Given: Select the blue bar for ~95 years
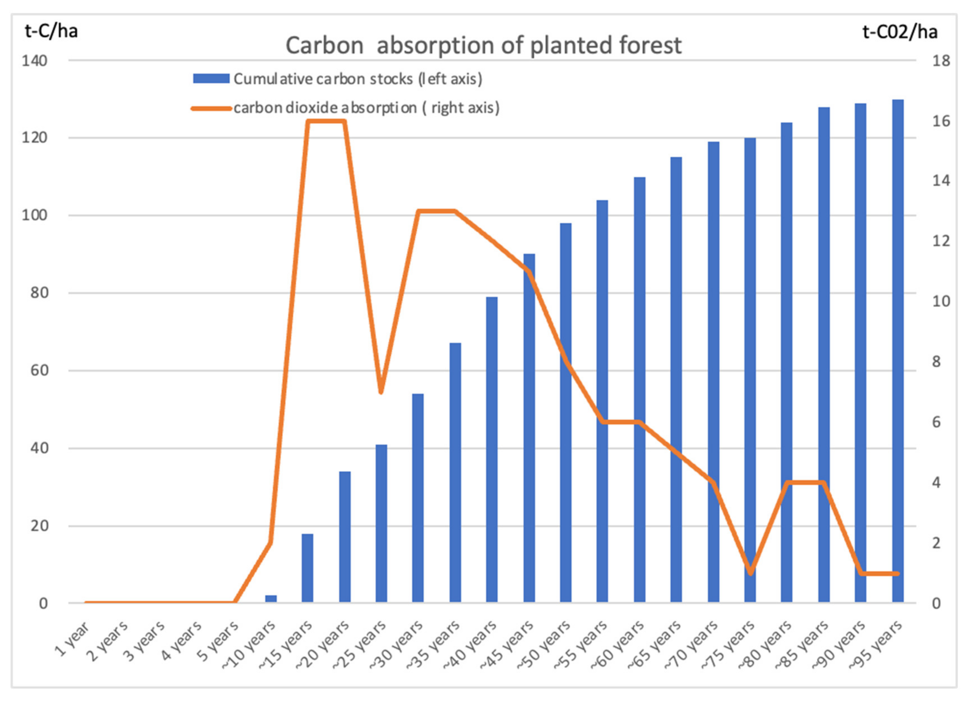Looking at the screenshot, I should coord(898,351).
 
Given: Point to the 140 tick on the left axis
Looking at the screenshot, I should coord(34,61).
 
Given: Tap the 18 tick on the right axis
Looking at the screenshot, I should coord(941,61).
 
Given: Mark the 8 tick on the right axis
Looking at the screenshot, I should coord(936,362).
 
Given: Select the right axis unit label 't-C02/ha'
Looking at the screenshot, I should coord(900,32).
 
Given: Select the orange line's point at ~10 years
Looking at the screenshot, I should coord(271,543).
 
